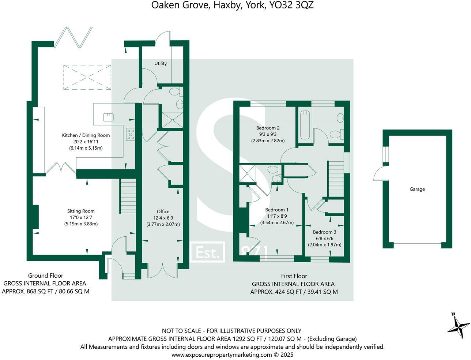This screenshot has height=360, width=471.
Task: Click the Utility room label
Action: pos(160,63)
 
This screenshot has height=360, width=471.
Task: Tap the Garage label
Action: pos(417,189)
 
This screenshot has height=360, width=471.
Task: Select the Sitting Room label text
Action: pos(81,211)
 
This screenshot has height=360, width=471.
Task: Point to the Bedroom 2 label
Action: pos(268,128)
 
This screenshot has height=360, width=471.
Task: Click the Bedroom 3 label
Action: pos(324,232)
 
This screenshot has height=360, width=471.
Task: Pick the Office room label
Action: pos(163,211)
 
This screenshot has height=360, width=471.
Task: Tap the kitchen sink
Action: pos(108,117)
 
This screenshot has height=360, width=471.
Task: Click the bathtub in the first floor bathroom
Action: pos(305,125)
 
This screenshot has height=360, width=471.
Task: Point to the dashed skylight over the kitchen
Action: pos(87,77)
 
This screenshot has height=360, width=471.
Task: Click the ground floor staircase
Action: pos(128,198)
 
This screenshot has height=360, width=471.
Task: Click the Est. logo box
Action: pos(208,252)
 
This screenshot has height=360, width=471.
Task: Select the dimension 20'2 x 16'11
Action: pos(86,142)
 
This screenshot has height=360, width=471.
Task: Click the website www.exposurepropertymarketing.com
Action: pos(222,355)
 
